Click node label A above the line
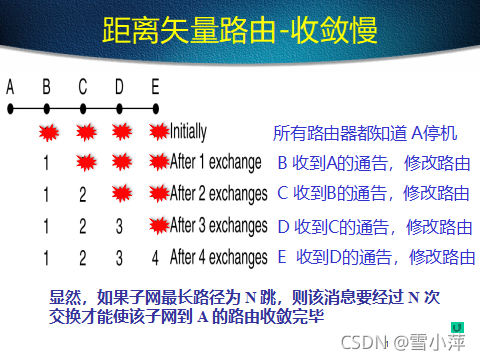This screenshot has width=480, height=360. (x=10, y=87)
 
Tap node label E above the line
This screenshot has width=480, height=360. (x=155, y=87)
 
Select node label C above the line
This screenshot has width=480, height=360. (x=82, y=87)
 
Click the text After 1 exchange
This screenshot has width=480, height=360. (x=215, y=161)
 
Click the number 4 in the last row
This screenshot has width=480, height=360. (x=155, y=258)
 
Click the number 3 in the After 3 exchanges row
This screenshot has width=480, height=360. (x=119, y=226)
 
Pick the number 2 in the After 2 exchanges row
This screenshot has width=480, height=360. (x=82, y=194)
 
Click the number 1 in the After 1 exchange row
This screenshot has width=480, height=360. (x=46, y=162)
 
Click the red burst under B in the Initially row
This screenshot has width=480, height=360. (x=47, y=131)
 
